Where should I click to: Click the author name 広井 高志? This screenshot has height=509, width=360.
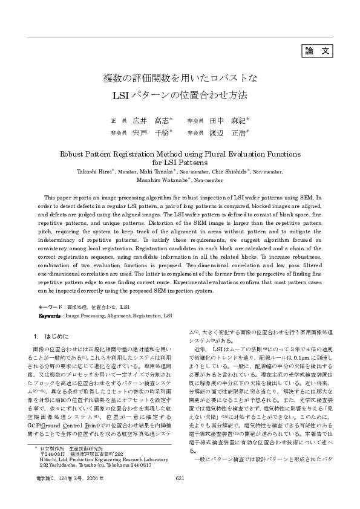pyautogui.click(x=151, y=120)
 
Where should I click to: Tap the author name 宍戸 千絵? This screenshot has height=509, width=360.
pyautogui.click(x=151, y=132)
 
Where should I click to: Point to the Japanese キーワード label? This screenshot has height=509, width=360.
pyautogui.click(x=50, y=307)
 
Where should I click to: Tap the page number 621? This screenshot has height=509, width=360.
pyautogui.click(x=179, y=478)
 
